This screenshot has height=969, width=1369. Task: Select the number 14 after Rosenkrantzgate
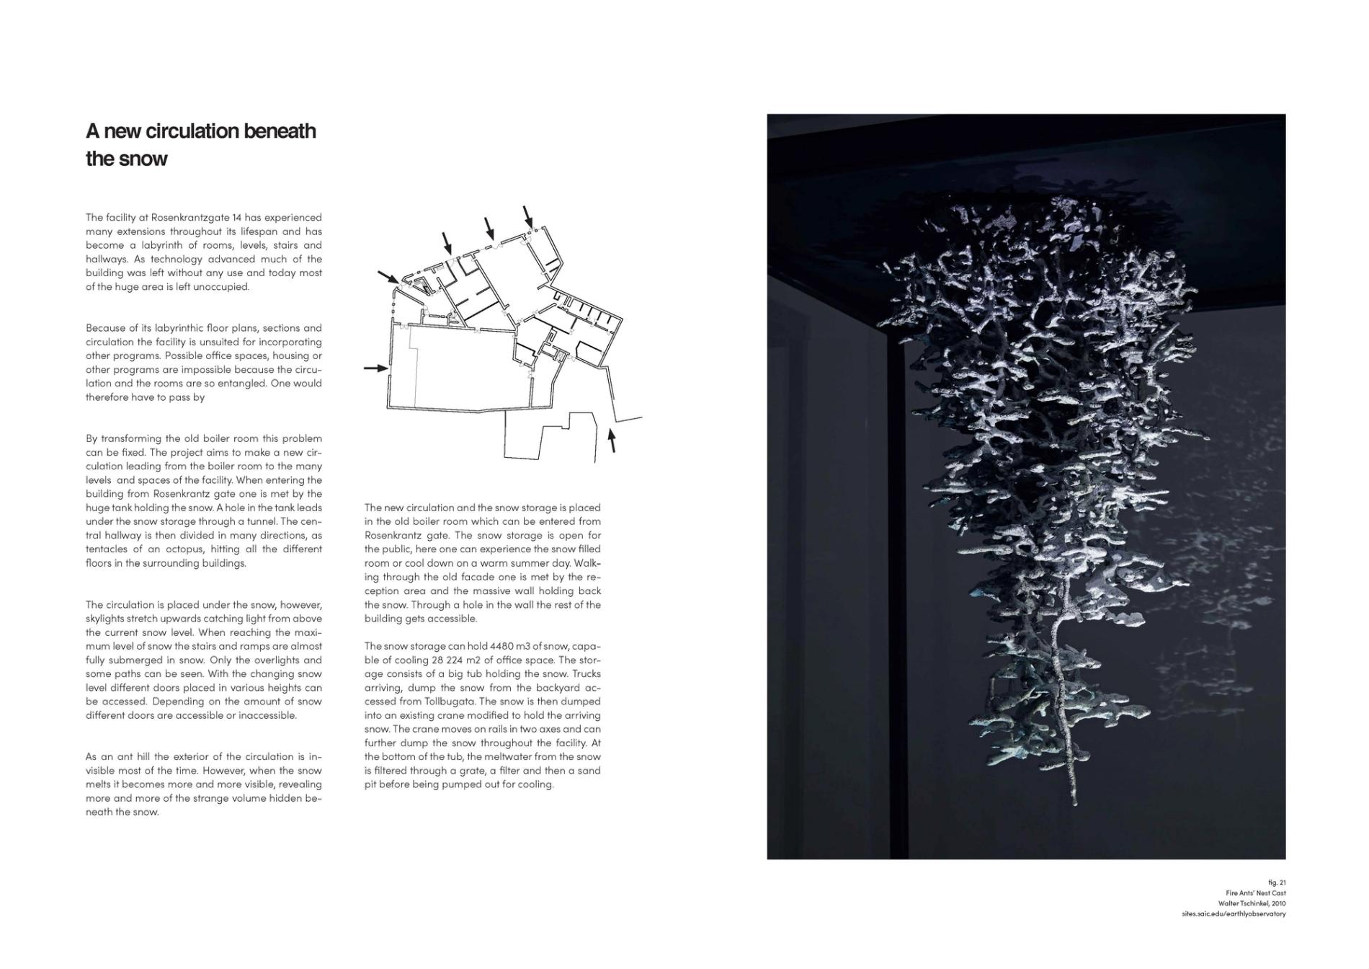(236, 218)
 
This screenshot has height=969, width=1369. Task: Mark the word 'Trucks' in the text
(585, 674)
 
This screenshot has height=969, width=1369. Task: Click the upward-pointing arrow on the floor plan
(612, 440)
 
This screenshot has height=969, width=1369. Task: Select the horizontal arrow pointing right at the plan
(375, 368)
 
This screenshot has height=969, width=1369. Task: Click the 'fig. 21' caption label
(1277, 882)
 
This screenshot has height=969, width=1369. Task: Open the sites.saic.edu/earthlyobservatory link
(1234, 914)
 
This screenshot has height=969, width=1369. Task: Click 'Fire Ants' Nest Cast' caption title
(1256, 893)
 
